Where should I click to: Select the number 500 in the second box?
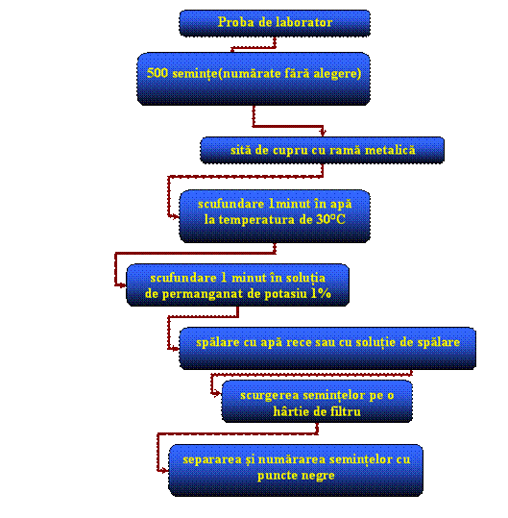pos(157,73)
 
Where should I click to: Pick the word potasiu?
pos(285,294)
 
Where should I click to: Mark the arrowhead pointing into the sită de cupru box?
pos(323,133)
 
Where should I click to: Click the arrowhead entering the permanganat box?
pos(123,285)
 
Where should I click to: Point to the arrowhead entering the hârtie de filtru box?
pos(218,393)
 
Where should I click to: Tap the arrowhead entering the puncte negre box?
pos(165,471)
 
